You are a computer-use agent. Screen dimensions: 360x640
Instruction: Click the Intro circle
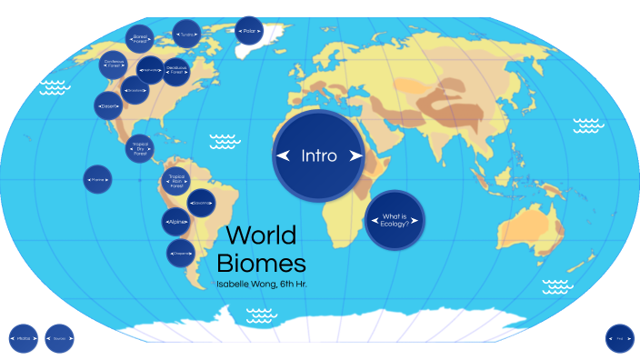coord(319,155)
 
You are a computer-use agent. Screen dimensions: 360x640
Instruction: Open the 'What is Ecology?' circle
coord(395,219)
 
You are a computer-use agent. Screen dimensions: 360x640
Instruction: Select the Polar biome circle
coord(249,32)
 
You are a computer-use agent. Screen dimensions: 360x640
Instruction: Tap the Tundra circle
coord(186,35)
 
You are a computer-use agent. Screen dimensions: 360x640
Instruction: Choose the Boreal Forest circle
coord(140,38)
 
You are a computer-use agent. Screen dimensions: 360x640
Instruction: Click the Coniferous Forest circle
coord(114,64)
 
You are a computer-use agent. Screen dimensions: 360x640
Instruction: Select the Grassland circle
coord(135,89)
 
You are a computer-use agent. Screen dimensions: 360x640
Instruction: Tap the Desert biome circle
coord(108,106)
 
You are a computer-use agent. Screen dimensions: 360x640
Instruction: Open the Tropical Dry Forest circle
coord(139,148)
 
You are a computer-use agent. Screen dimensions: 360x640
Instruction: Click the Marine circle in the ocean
coord(97,180)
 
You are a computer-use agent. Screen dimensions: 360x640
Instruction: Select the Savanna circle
coord(200,202)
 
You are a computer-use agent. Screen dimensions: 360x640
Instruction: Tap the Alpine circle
coord(176,221)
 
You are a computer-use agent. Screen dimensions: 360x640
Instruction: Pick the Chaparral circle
coord(181,252)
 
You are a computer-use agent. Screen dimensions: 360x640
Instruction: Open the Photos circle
coord(24,338)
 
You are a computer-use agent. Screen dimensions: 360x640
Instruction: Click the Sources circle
coord(59,338)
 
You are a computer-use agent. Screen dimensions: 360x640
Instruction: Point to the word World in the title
coord(261,235)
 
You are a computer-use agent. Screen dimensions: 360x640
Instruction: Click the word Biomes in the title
coord(261,265)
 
